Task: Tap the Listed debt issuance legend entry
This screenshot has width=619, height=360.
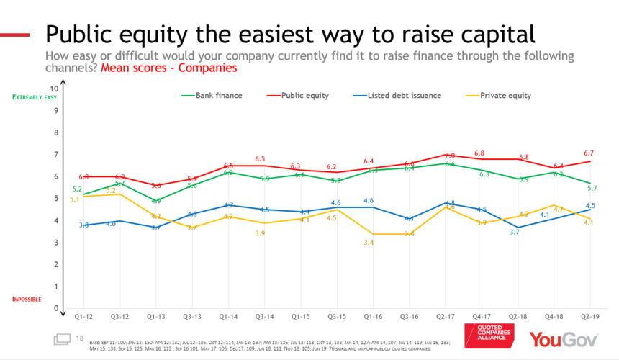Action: click(403, 95)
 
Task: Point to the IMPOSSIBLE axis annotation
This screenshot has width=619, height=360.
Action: click(26, 299)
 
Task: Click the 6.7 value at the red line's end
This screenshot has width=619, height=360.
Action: click(589, 153)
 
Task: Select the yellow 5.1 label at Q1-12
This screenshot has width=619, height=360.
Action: click(74, 198)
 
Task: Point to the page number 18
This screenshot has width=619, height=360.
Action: click(79, 338)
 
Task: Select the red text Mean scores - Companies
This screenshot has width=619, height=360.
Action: click(168, 68)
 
